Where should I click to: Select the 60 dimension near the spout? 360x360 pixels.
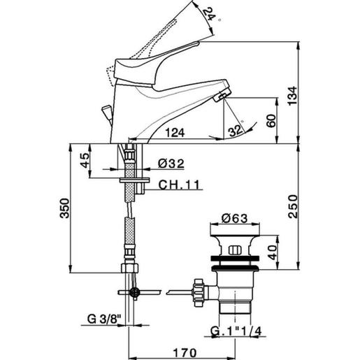click(278, 118)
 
